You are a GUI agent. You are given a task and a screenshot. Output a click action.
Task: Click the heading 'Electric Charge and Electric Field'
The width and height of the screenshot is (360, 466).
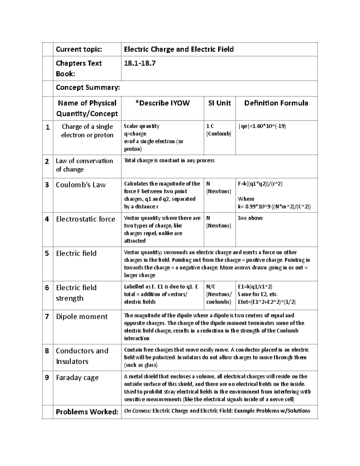pos(179,49)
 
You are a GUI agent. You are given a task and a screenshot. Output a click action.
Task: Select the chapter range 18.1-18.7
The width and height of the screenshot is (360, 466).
pos(140,63)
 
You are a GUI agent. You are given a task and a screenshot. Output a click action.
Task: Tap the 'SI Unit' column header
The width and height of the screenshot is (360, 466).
pos(219,103)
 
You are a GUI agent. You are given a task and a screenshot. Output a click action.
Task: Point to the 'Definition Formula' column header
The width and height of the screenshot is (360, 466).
pos(276,103)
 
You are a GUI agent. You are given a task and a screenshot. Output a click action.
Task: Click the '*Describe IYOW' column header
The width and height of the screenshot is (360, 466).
pos(162,103)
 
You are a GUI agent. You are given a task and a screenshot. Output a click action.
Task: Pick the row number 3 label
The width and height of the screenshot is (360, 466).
pos(47,185)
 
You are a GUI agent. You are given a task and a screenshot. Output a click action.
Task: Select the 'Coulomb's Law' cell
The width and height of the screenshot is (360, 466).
pos(81,185)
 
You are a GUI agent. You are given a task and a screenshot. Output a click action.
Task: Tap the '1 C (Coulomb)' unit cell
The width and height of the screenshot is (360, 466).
pos(219,130)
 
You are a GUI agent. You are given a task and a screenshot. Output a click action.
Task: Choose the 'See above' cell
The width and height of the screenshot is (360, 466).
pos(250,218)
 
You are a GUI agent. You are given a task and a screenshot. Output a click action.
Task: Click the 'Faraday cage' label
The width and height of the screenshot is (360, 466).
pos(77,377)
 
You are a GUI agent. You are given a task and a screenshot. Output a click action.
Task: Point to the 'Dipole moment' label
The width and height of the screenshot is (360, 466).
pos(82,317)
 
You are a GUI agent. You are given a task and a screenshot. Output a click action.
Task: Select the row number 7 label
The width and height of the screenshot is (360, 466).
pos(47,317)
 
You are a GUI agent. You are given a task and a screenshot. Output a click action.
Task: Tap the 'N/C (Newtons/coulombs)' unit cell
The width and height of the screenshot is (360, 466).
pos(219,294)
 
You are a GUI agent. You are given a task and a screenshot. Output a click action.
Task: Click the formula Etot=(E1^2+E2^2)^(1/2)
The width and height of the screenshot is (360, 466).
pos(266,302)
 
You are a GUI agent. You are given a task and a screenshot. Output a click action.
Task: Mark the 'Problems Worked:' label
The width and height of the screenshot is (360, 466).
pos(87,412)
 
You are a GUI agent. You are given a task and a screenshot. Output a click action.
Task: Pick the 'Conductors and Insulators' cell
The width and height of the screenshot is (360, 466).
pos(82,356)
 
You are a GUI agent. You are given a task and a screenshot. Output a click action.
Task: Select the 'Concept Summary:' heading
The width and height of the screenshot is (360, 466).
pos(88,87)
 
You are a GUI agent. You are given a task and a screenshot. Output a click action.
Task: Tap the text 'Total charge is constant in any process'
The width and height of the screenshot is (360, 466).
pos(169,161)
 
